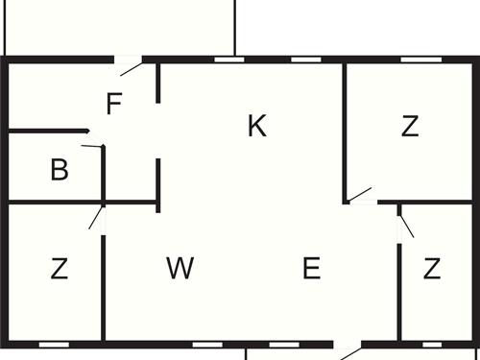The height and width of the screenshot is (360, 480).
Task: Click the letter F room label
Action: click(x=114, y=103)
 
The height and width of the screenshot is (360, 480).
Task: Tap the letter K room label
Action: click(x=256, y=126)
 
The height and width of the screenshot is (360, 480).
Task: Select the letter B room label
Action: click(x=60, y=171)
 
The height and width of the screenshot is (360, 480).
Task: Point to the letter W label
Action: click(x=180, y=269)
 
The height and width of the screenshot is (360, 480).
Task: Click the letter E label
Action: click(x=311, y=269)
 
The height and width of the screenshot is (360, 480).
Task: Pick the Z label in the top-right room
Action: click(x=411, y=126)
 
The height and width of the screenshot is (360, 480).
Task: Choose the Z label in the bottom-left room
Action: click(x=60, y=269)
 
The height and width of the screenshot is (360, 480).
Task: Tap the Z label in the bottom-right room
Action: click(x=431, y=269)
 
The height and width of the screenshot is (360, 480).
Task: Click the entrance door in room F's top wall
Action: click(x=130, y=65)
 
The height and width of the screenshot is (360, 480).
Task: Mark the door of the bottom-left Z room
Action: click(x=97, y=217)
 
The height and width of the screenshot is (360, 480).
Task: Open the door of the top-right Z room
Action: click(x=360, y=196)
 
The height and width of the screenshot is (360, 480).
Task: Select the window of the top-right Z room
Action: click(x=415, y=60)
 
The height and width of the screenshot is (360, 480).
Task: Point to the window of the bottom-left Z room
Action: click(x=54, y=343)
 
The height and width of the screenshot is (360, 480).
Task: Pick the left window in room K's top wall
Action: click(x=228, y=60)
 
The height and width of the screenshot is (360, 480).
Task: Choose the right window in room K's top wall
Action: click(x=304, y=60)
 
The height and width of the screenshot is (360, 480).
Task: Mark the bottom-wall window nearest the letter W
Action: click(x=206, y=343)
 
